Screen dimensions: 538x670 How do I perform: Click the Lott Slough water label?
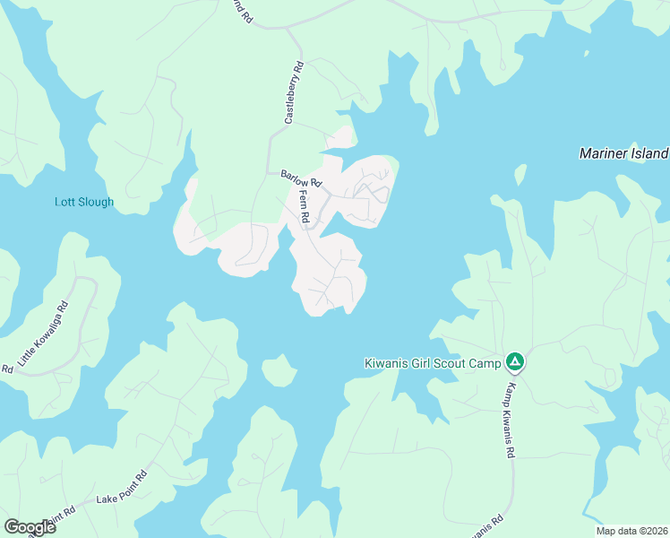point(83,202)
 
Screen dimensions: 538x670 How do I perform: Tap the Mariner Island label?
point(623,153)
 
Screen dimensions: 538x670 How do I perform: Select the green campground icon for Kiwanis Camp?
point(515,363)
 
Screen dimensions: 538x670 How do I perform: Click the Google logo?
point(30,527)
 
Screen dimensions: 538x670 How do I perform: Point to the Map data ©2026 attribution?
point(631,530)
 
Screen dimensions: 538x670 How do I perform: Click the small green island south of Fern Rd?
point(279,369)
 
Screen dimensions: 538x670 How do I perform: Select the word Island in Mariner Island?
point(647,153)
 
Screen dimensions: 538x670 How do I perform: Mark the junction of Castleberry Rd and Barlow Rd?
point(268,172)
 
